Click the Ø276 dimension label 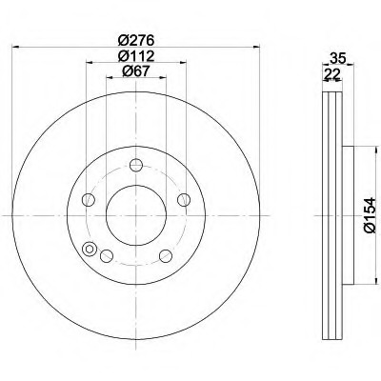pyautogui.click(x=136, y=41)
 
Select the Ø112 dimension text pyautogui.click(x=136, y=56)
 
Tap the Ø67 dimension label pyautogui.click(x=136, y=70)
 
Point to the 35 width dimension pyautogui.click(x=337, y=58)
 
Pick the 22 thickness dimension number pyautogui.click(x=332, y=74)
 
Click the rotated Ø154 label pyautogui.click(x=370, y=215)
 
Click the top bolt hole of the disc pyautogui.click(x=136, y=165)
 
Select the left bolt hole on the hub pyautogui.click(x=89, y=200)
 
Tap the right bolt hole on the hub pyautogui.click(x=184, y=200)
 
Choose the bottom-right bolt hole pyautogui.click(x=166, y=256)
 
